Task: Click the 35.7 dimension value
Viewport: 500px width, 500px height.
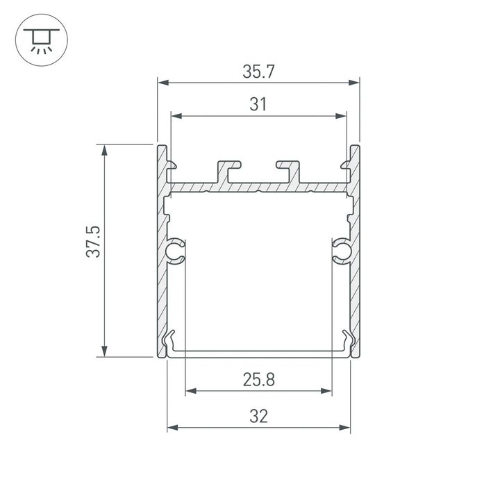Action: [x=258, y=71]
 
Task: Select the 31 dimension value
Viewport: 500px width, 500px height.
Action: [x=258, y=105]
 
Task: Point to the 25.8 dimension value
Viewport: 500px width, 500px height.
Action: [x=258, y=380]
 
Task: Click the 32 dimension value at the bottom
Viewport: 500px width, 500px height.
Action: [x=258, y=416]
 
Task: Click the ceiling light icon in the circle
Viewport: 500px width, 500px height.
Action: [x=38, y=41]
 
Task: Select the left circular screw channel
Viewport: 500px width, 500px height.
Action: [x=176, y=251]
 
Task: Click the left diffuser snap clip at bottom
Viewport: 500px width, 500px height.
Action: [x=169, y=343]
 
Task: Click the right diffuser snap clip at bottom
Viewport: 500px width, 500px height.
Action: [x=347, y=343]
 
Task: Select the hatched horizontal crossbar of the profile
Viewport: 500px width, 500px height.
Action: [x=258, y=187]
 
